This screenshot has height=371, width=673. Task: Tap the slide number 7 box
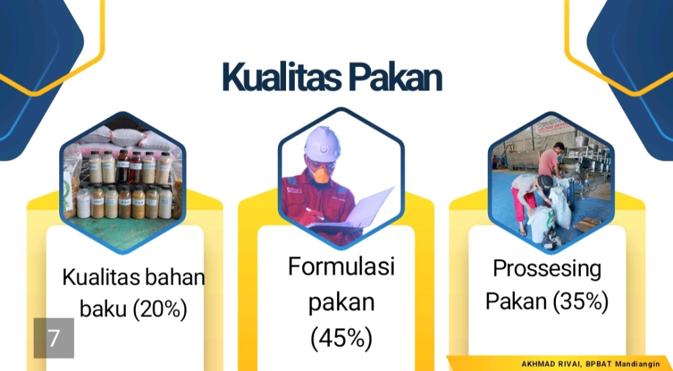[x=54, y=338]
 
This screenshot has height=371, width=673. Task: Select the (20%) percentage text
[x=160, y=309]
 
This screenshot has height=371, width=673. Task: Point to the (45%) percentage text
[x=341, y=338]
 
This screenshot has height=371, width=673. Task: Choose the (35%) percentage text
[x=580, y=301]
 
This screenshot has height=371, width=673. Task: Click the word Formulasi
[x=341, y=266]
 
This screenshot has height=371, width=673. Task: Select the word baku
[x=104, y=308]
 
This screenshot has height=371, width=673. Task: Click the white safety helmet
[x=322, y=145]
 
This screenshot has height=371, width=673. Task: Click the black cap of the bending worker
[x=545, y=183]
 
